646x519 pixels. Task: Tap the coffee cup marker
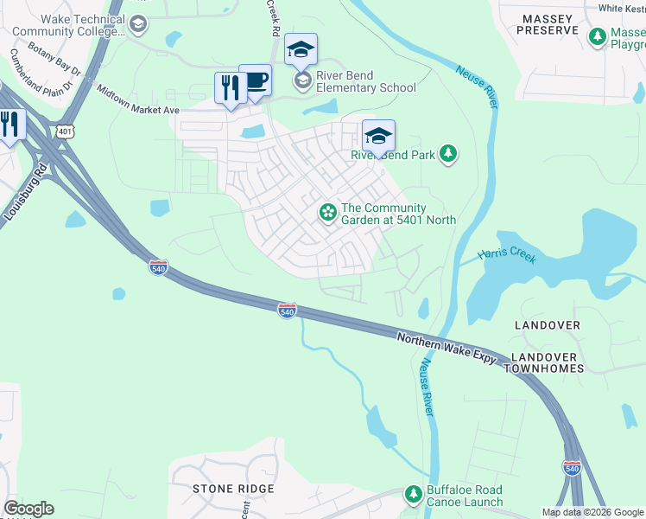point(255,81)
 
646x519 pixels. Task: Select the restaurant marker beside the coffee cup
point(231,88)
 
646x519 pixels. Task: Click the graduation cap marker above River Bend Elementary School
point(301,50)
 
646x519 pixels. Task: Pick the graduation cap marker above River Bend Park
point(378,137)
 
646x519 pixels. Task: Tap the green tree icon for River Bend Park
point(447,154)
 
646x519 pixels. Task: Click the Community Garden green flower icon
point(328,211)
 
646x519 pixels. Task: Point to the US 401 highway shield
point(66,131)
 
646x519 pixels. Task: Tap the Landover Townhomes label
point(547,362)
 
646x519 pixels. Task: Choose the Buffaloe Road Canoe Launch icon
point(415,494)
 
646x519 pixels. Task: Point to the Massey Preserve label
point(547,23)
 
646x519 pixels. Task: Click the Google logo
point(28,508)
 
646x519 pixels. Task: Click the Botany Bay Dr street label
point(54,57)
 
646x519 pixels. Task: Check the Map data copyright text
point(592,512)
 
